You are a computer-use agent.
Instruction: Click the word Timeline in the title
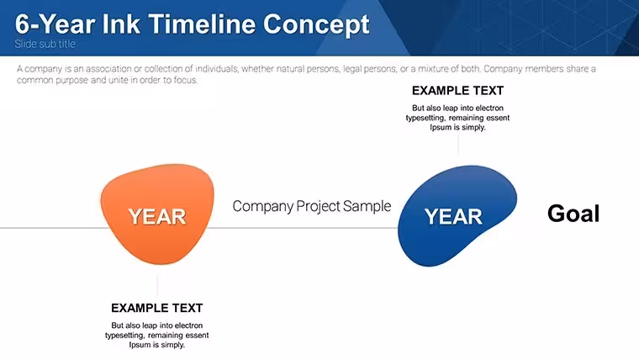click(203, 24)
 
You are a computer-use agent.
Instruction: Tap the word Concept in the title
click(316, 25)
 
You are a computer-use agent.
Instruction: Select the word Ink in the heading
click(121, 24)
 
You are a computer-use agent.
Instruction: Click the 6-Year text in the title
click(55, 24)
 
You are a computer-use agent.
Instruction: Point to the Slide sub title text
click(45, 44)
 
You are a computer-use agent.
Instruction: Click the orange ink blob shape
click(157, 214)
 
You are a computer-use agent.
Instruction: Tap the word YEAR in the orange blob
click(157, 216)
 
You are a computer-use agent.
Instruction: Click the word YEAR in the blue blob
click(453, 216)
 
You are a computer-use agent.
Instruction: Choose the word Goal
click(573, 214)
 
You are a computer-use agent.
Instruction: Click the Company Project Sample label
click(312, 206)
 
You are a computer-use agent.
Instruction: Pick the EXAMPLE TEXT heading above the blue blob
click(457, 91)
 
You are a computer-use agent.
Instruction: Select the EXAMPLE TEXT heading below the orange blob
click(157, 308)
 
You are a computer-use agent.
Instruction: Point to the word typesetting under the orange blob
click(124, 336)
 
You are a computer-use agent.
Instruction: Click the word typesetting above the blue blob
click(425, 119)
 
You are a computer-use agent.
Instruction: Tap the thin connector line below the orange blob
click(157, 284)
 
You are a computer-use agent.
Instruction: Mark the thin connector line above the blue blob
click(458, 144)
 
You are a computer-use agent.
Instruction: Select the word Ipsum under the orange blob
click(140, 345)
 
